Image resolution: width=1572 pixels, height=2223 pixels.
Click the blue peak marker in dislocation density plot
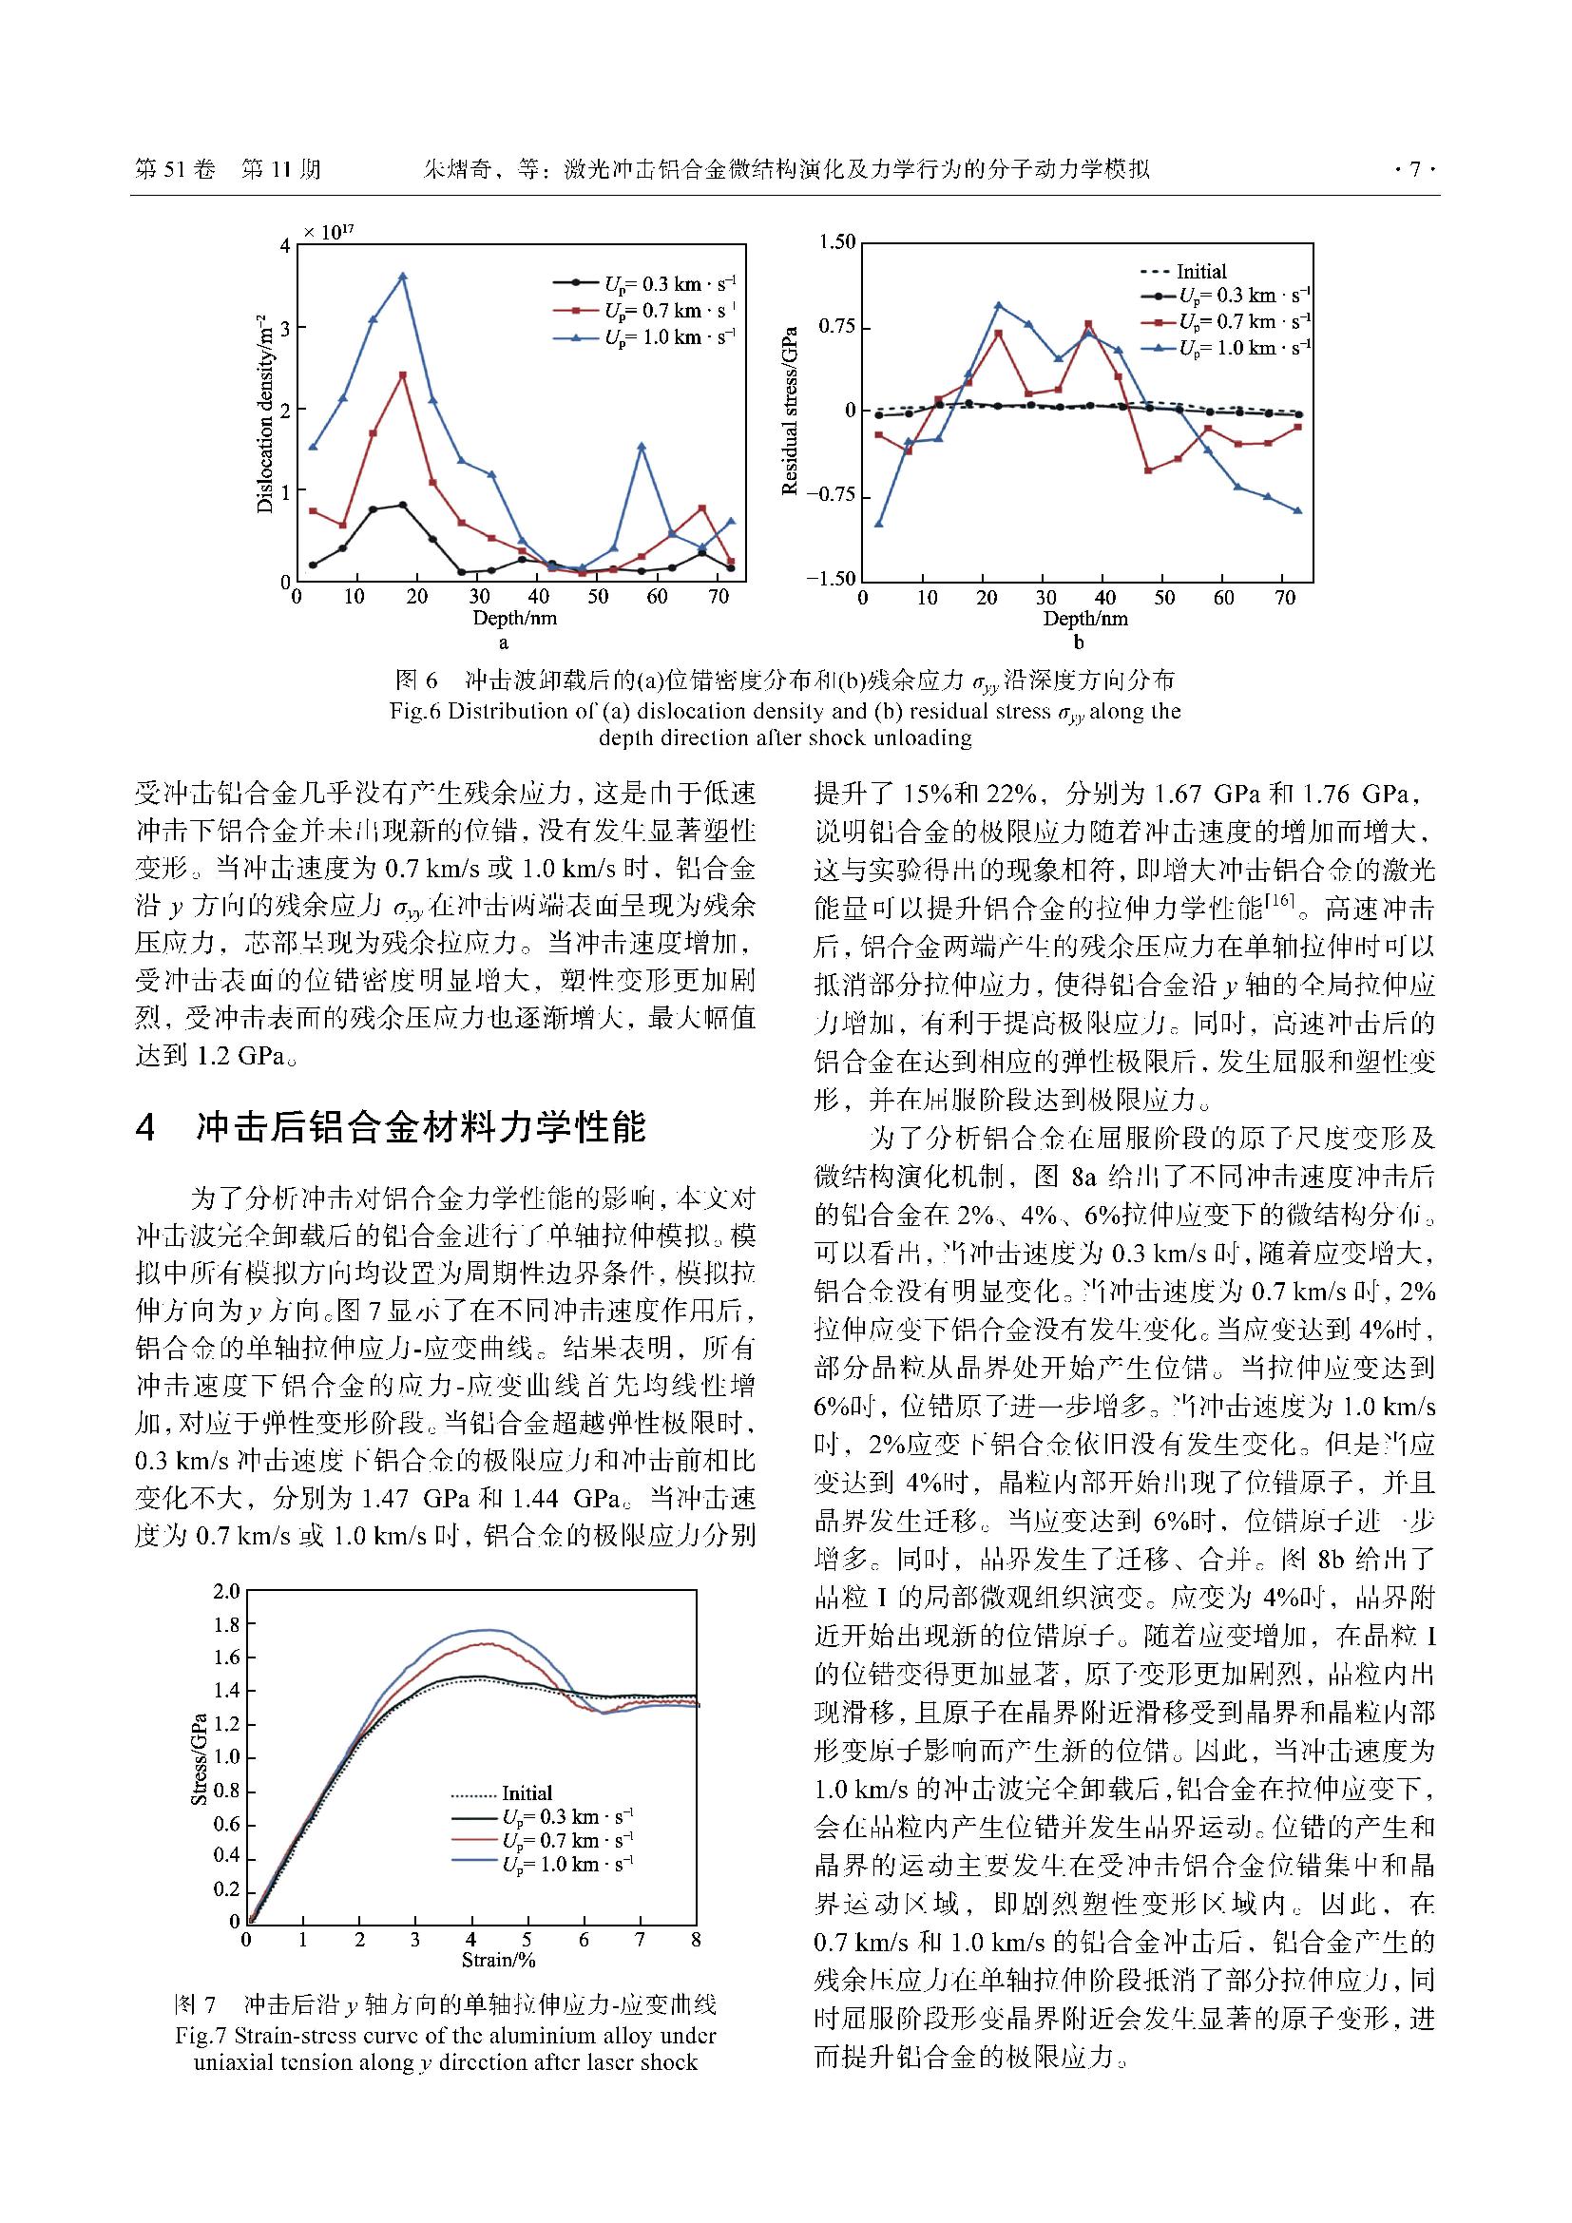pyautogui.click(x=403, y=277)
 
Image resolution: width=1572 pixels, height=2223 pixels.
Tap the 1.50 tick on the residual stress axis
pyautogui.click(x=837, y=242)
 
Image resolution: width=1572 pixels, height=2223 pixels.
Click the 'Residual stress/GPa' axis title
pyautogui.click(x=790, y=411)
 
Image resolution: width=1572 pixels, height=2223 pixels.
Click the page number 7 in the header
pyautogui.click(x=1414, y=170)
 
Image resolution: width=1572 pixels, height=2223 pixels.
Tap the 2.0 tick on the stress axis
pyautogui.click(x=226, y=1592)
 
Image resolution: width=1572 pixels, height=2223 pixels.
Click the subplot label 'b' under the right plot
pyautogui.click(x=1079, y=642)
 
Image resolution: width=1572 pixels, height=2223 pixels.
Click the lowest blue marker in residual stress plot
pyautogui.click(x=879, y=524)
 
